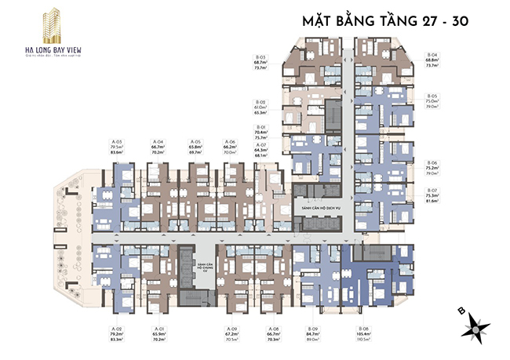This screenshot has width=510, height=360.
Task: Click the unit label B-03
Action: [x=260, y=57]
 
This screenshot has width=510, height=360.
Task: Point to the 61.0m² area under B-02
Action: [x=260, y=108]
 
